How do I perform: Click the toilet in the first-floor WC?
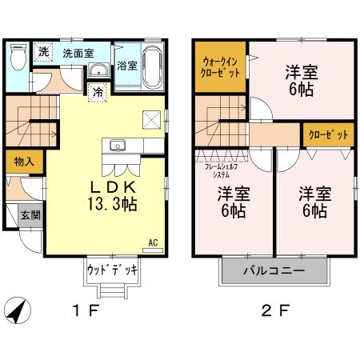click(18, 58)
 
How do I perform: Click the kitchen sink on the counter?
click(118, 146)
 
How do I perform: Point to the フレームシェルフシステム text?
click(219, 169)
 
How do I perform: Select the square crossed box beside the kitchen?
click(152, 119)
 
